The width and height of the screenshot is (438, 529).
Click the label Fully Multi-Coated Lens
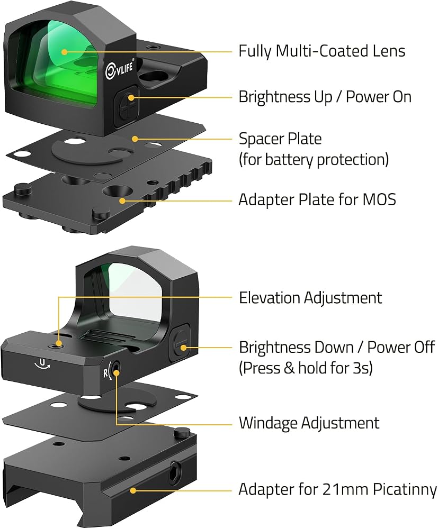(321, 51)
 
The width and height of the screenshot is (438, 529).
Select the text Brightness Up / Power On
(325, 97)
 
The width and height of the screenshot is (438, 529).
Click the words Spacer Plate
(280, 139)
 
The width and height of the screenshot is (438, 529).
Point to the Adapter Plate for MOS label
(317, 199)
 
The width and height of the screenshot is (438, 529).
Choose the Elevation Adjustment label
(310, 297)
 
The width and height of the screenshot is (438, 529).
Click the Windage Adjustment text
(309, 423)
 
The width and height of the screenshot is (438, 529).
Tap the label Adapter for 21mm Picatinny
(337, 489)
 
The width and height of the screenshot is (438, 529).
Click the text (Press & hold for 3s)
(306, 368)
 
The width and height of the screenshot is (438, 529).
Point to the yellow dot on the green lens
(64, 52)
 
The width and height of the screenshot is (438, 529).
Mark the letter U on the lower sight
(42, 363)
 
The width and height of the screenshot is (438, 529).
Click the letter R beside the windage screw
(106, 373)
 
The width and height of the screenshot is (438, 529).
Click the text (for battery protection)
(314, 160)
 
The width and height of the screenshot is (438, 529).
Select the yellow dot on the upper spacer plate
(135, 139)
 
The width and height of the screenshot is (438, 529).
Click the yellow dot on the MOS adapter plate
(122, 200)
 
